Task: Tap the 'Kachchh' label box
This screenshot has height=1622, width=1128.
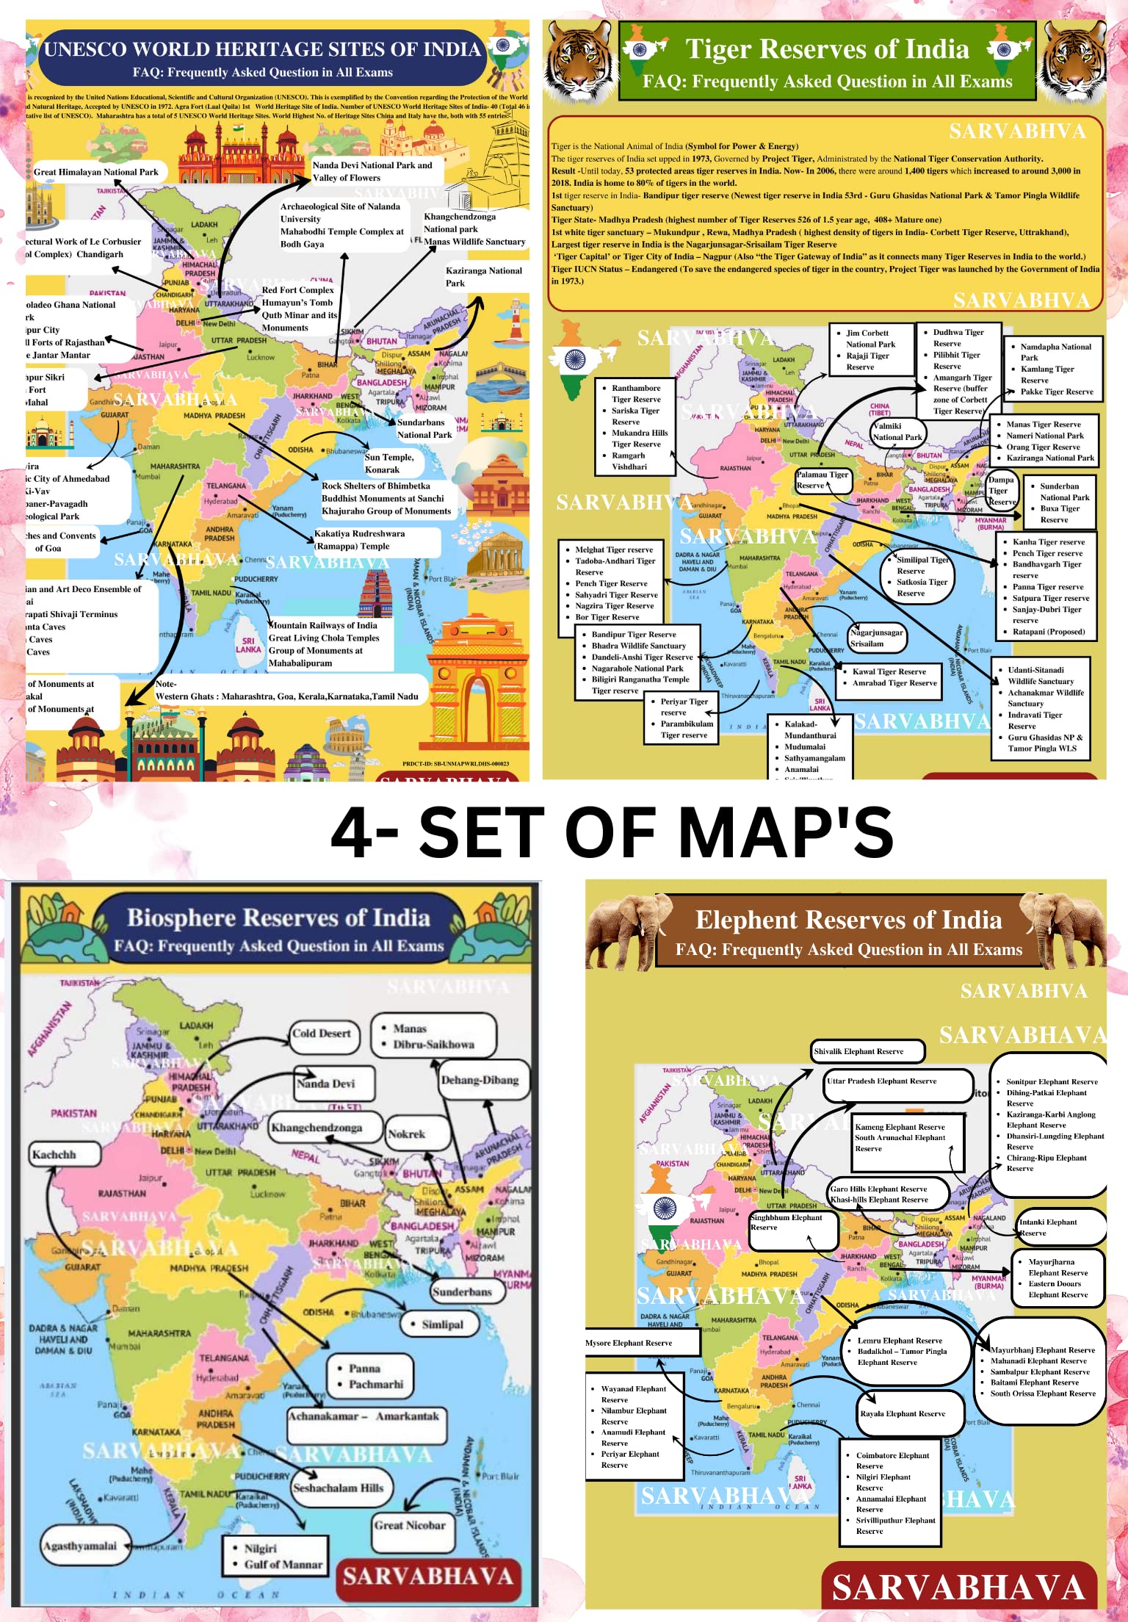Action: pyautogui.click(x=63, y=1155)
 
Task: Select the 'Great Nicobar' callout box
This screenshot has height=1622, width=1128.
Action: pyautogui.click(x=410, y=1526)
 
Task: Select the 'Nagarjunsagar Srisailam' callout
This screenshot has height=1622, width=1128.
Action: pyautogui.click(x=876, y=638)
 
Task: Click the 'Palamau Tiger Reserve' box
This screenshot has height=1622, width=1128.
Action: pyautogui.click(x=822, y=480)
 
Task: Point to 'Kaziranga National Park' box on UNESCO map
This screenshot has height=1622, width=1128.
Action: pyautogui.click(x=485, y=277)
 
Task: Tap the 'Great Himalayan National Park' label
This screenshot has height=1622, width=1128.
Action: pyautogui.click(x=96, y=172)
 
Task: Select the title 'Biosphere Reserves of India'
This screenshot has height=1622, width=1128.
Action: pyautogui.click(x=278, y=918)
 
